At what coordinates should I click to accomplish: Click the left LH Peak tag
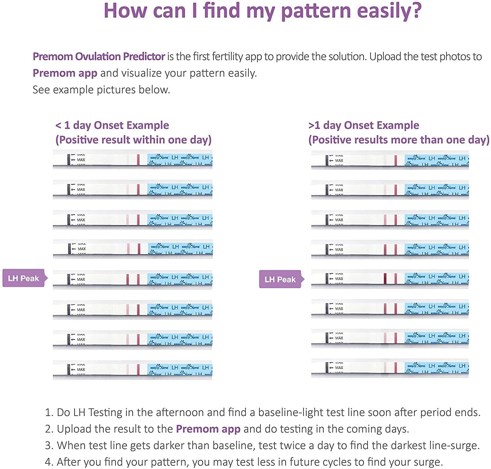[x=24, y=279]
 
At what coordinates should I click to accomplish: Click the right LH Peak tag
[x=280, y=279]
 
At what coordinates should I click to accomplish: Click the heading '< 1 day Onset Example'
[x=112, y=125]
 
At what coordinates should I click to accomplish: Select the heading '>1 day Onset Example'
[x=364, y=125]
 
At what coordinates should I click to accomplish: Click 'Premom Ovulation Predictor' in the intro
[x=99, y=57]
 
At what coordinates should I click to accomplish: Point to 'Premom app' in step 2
[x=208, y=429]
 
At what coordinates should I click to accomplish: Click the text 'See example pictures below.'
[x=101, y=90]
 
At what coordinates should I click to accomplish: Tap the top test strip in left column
[x=133, y=159]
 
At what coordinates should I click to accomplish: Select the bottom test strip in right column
[x=390, y=368]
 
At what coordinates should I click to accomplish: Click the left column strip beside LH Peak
[x=133, y=279]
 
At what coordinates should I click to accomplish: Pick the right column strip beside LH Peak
[x=390, y=279]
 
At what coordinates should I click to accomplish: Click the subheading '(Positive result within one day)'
[x=134, y=140]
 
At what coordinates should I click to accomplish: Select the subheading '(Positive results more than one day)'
[x=399, y=140]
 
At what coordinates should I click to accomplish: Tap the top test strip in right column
[x=390, y=160]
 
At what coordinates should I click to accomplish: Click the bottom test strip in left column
[x=133, y=370]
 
